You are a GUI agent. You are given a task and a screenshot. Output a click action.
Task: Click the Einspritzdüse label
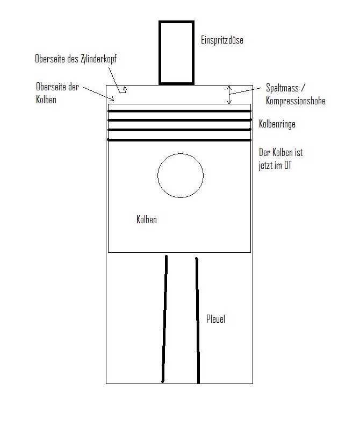pos(222,40)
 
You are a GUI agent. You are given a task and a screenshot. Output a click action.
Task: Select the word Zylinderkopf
pos(98,59)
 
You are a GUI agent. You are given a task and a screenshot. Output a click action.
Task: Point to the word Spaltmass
pos(282,88)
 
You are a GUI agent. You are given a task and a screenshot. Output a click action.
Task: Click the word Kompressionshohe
pos(296,101)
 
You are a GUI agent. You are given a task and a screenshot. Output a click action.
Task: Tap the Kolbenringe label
pos(277,124)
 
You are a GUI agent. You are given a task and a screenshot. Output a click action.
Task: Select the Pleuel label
pos(216,319)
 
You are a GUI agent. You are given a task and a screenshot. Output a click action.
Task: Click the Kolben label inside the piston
pos(147,219)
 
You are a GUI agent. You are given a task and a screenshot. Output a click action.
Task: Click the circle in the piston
pos(158,175)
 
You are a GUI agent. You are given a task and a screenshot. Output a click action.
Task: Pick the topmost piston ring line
pos(179,111)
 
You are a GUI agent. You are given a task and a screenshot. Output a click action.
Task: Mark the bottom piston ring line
pos(179,140)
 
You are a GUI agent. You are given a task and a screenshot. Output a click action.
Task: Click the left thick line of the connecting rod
pos(164,318)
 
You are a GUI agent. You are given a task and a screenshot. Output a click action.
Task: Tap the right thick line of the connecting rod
pos(198,321)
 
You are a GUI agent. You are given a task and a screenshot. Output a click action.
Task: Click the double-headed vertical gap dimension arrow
pos(229,95)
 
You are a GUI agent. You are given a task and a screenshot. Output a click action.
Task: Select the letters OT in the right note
pos(288,166)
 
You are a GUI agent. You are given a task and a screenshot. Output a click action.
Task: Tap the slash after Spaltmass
pos(303,88)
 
